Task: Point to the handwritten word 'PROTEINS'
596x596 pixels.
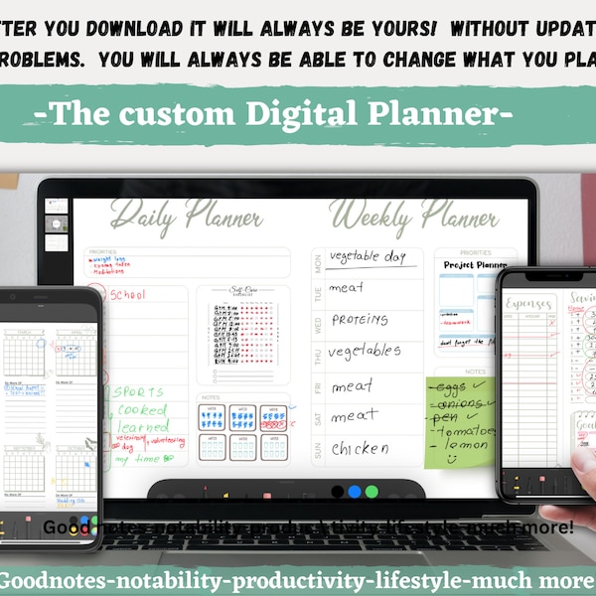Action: click(360, 319)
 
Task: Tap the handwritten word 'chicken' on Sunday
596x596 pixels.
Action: click(360, 448)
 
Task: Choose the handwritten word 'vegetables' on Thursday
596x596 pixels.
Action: click(365, 351)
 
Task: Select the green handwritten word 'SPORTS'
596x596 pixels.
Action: click(138, 392)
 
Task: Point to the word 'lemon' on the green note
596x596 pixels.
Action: click(467, 446)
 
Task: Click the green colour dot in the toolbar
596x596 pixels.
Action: click(372, 491)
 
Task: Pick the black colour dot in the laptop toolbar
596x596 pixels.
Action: click(338, 491)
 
